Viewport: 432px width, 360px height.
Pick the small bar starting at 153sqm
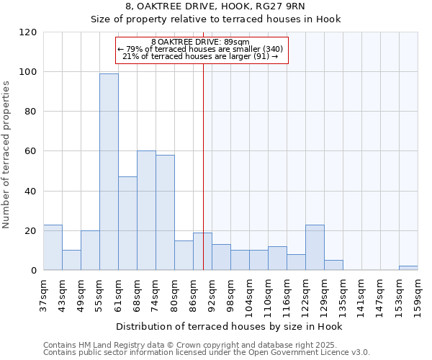[408, 268]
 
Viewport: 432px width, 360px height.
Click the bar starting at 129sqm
[333, 265]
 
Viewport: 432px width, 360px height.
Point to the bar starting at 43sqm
[71, 260]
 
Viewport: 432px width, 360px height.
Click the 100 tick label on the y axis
[28, 72]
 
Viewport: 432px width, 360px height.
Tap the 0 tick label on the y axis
[34, 271]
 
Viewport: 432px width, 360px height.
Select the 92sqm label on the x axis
[212, 292]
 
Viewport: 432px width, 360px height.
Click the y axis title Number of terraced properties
[6, 155]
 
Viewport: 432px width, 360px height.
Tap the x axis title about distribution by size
[229, 327]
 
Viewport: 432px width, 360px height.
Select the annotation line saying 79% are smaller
[200, 49]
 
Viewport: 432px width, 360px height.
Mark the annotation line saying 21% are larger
[200, 56]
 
